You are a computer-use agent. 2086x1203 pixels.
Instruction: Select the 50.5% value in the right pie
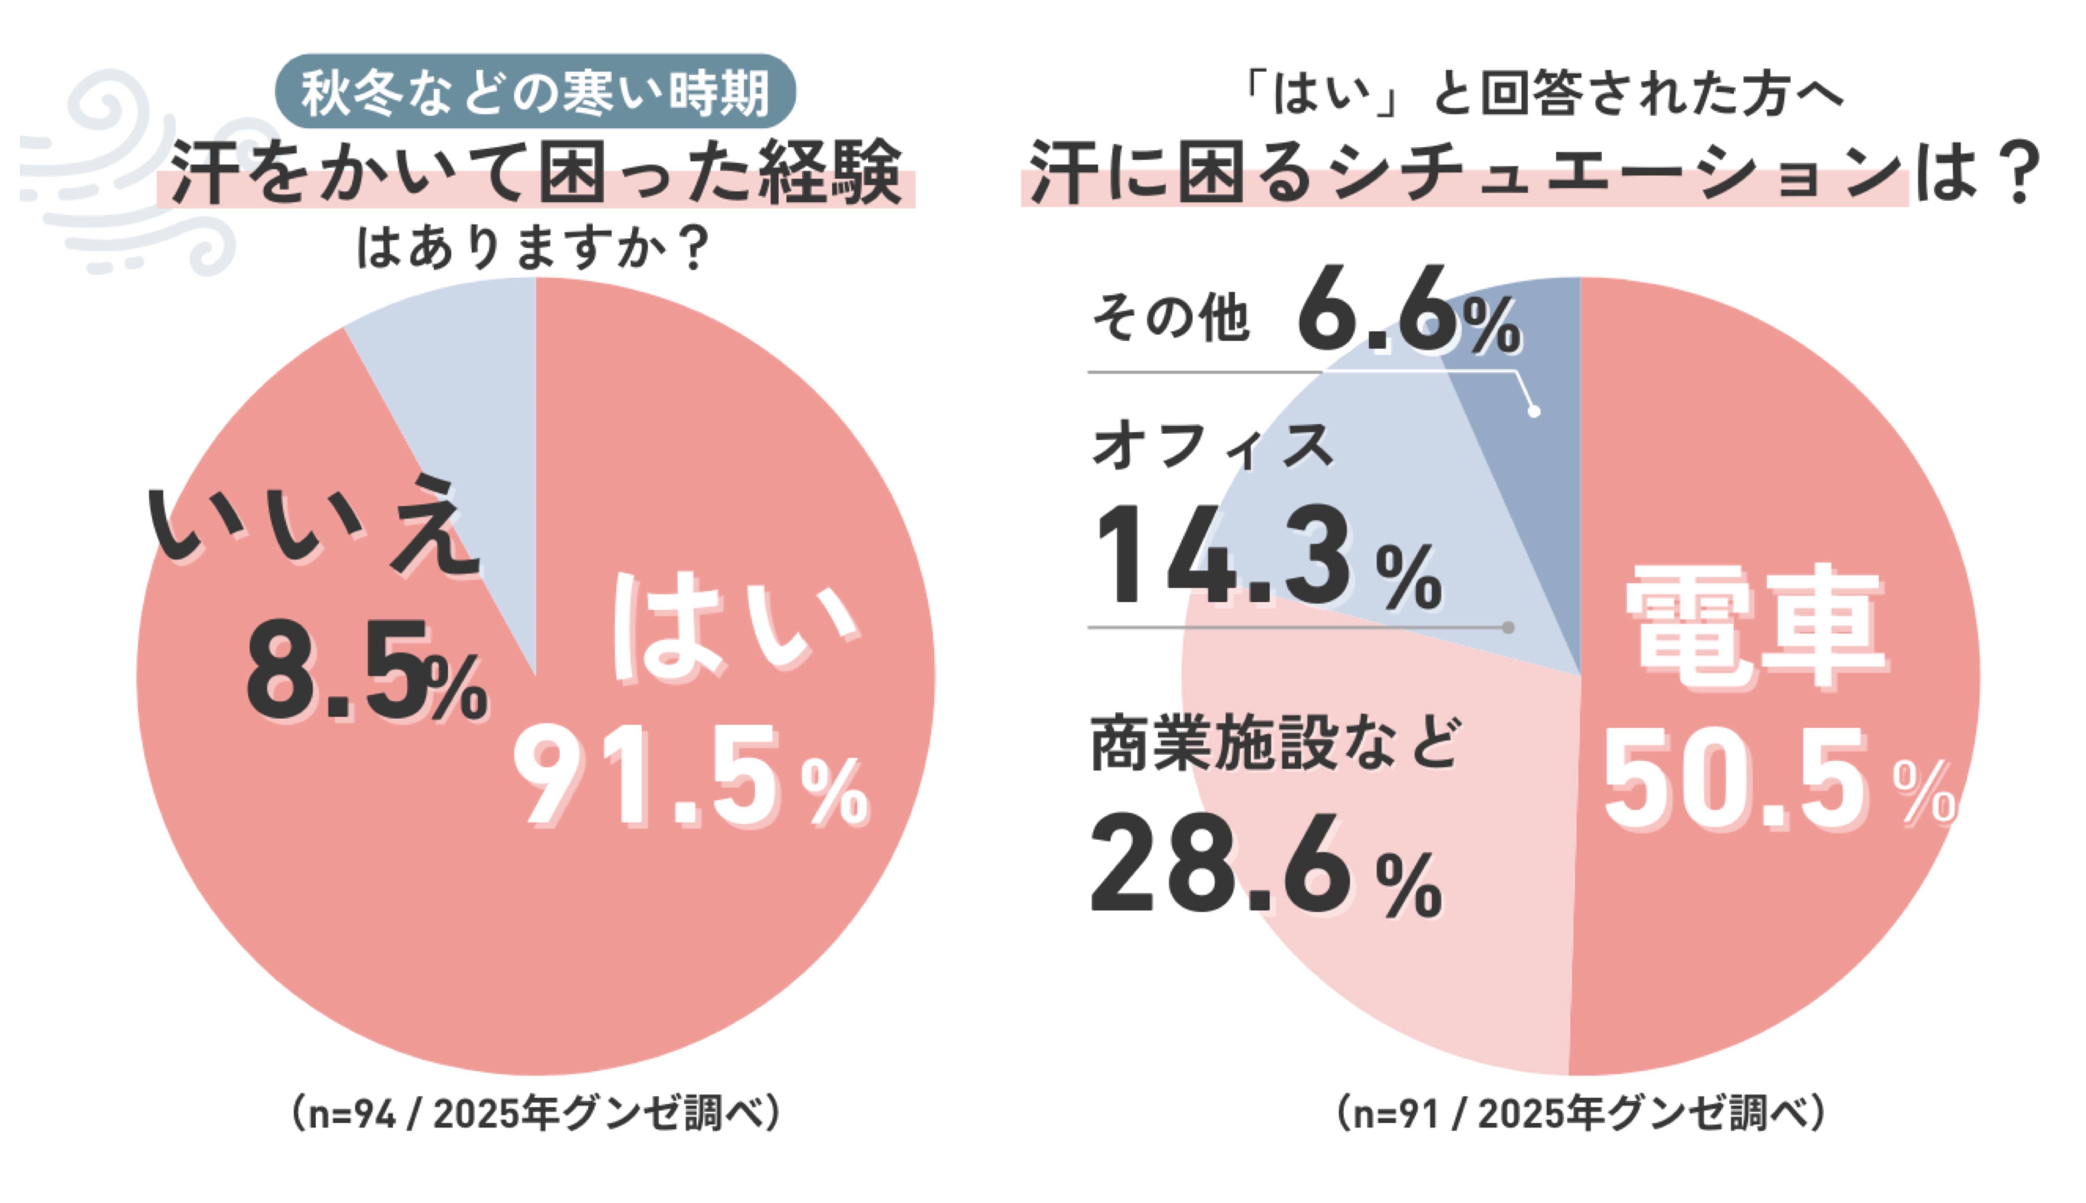[x=1777, y=785]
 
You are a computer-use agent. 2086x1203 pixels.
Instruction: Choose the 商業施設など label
[x=1273, y=744]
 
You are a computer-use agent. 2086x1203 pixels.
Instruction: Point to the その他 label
[x=1169, y=318]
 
